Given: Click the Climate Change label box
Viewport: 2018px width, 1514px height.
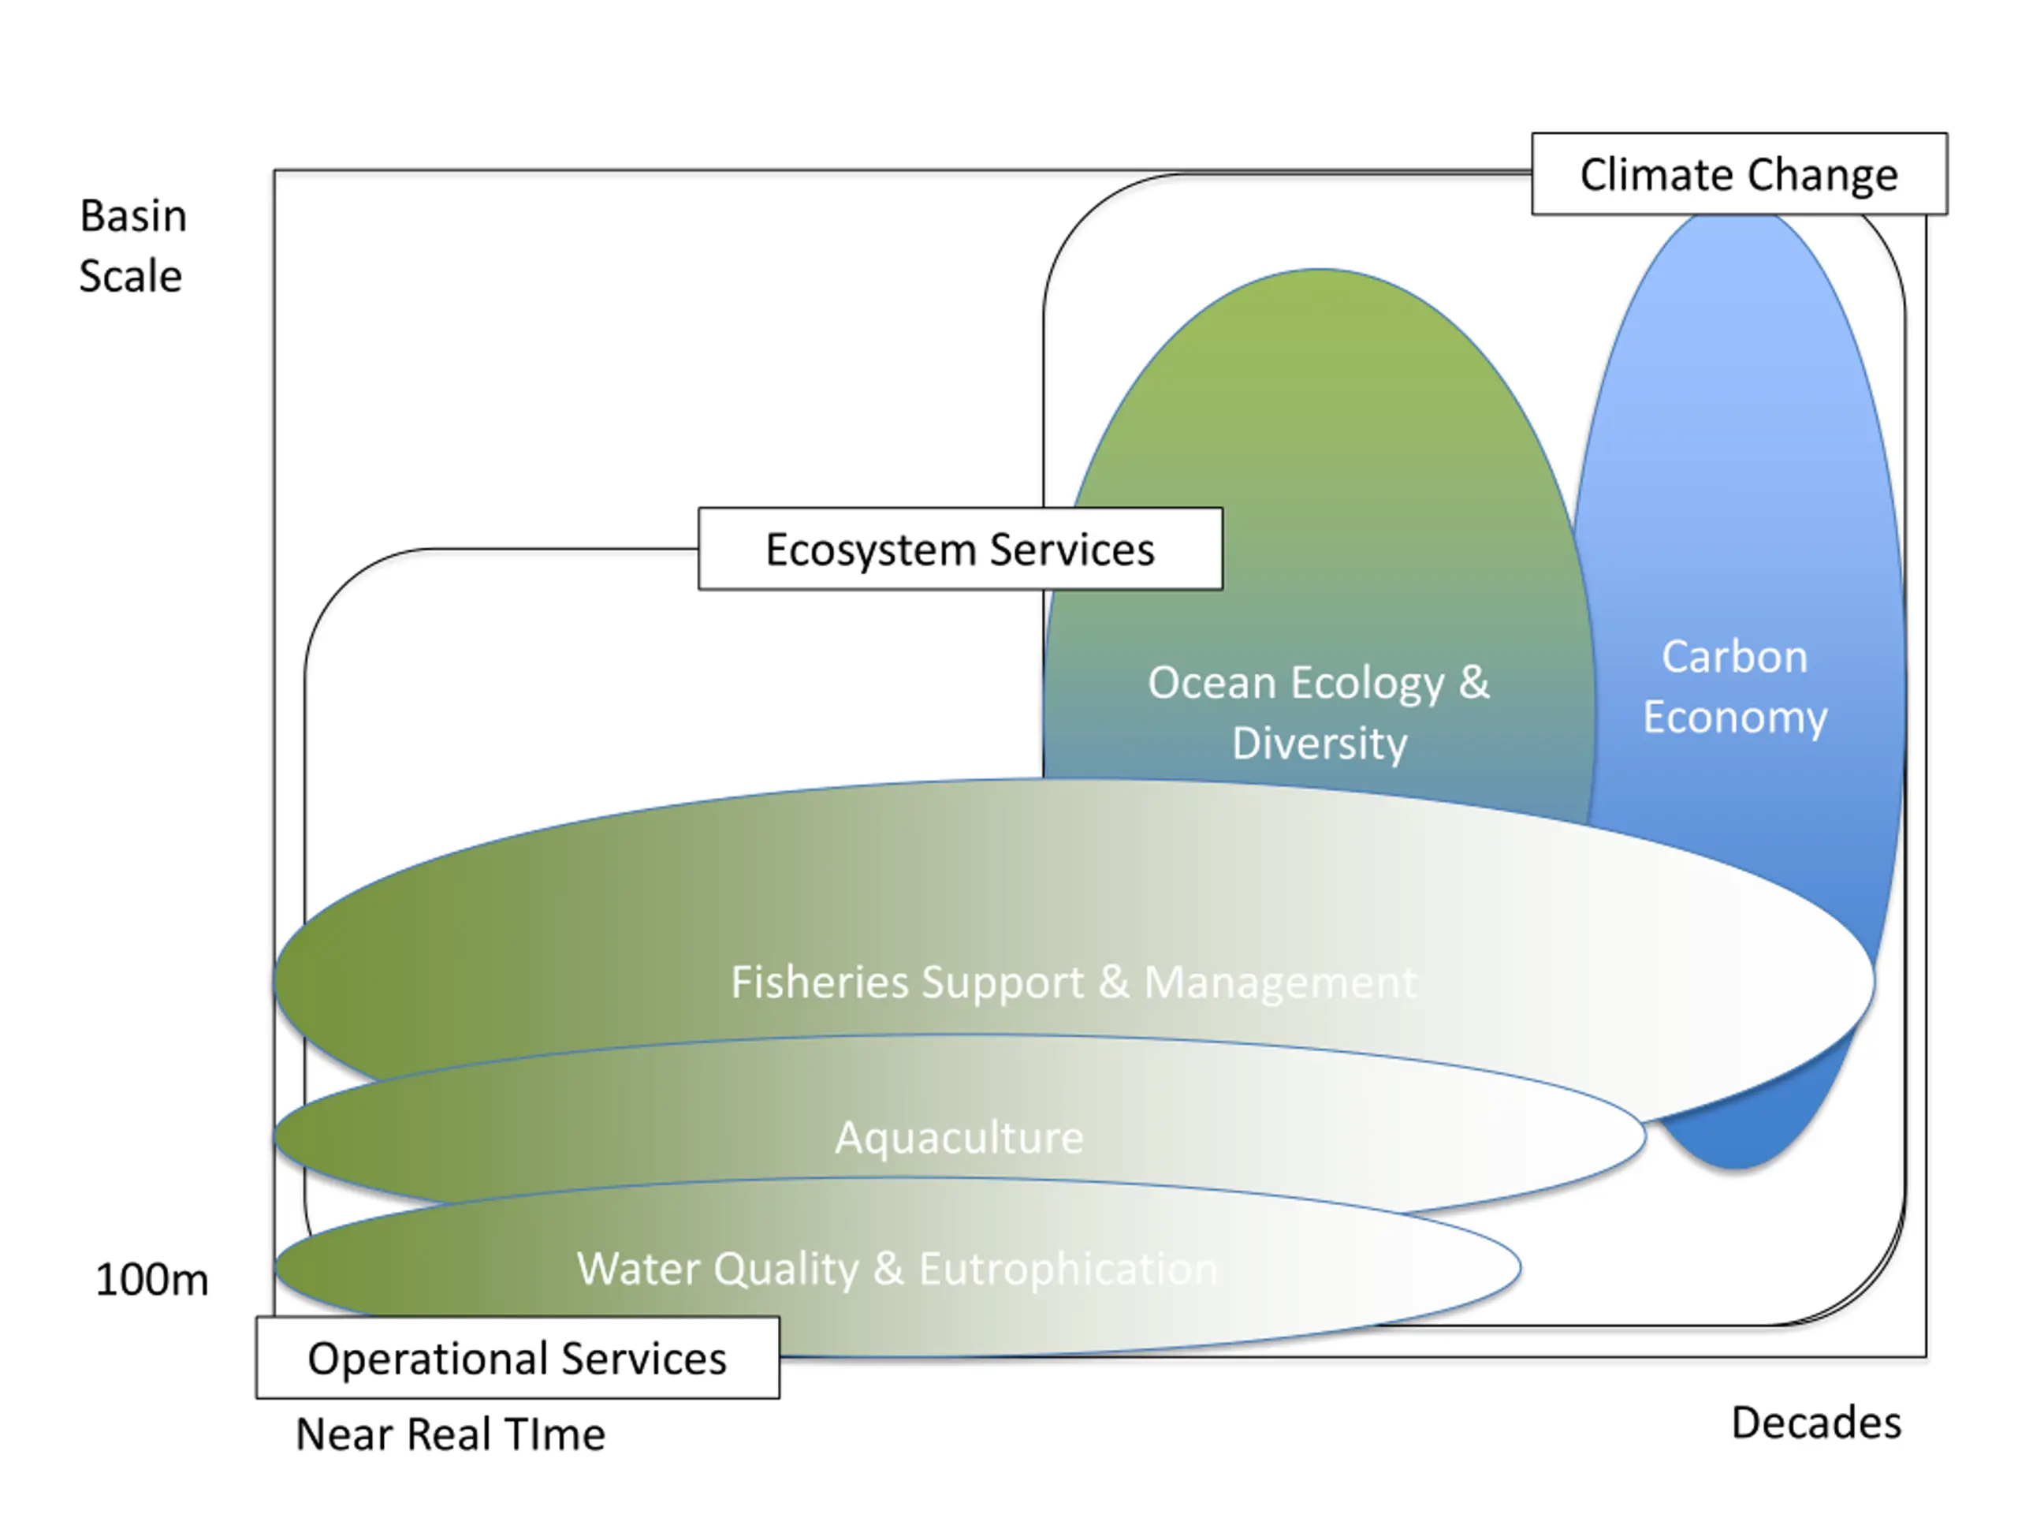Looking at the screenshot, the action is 1739,174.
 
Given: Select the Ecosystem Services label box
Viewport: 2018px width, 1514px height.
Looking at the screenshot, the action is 961,549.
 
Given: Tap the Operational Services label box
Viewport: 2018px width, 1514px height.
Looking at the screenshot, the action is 518,1357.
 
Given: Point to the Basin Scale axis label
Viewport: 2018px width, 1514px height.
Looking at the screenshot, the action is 132,245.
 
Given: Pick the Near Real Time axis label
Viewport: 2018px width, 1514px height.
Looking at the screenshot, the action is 451,1434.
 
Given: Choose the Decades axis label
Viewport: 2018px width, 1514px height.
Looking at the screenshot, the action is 1816,1423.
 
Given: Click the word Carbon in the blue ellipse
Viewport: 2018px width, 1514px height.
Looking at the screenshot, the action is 1734,657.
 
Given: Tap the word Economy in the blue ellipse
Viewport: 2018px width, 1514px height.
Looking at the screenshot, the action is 1735,718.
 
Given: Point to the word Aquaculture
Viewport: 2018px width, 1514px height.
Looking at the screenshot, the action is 960,1138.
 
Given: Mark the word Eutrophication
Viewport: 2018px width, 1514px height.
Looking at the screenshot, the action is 1068,1270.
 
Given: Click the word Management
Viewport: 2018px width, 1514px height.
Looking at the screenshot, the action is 1281,983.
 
